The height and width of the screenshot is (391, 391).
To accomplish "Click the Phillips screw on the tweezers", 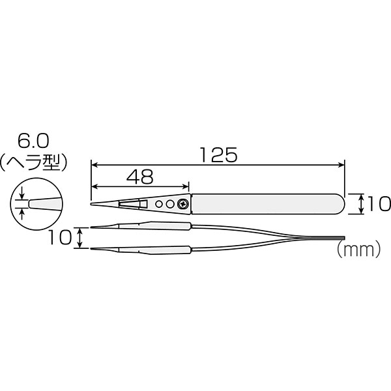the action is click(x=182, y=204).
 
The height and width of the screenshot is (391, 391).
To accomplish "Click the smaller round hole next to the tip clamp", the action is click(x=158, y=204).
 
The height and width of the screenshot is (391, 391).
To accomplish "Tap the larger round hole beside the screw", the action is click(x=170, y=204).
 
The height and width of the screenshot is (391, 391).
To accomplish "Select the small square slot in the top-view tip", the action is click(x=143, y=204).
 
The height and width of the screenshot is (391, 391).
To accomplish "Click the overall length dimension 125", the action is click(x=218, y=155).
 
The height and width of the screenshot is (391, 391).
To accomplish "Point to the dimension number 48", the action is click(x=140, y=177).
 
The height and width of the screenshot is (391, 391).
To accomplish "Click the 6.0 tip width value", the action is click(x=33, y=142).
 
